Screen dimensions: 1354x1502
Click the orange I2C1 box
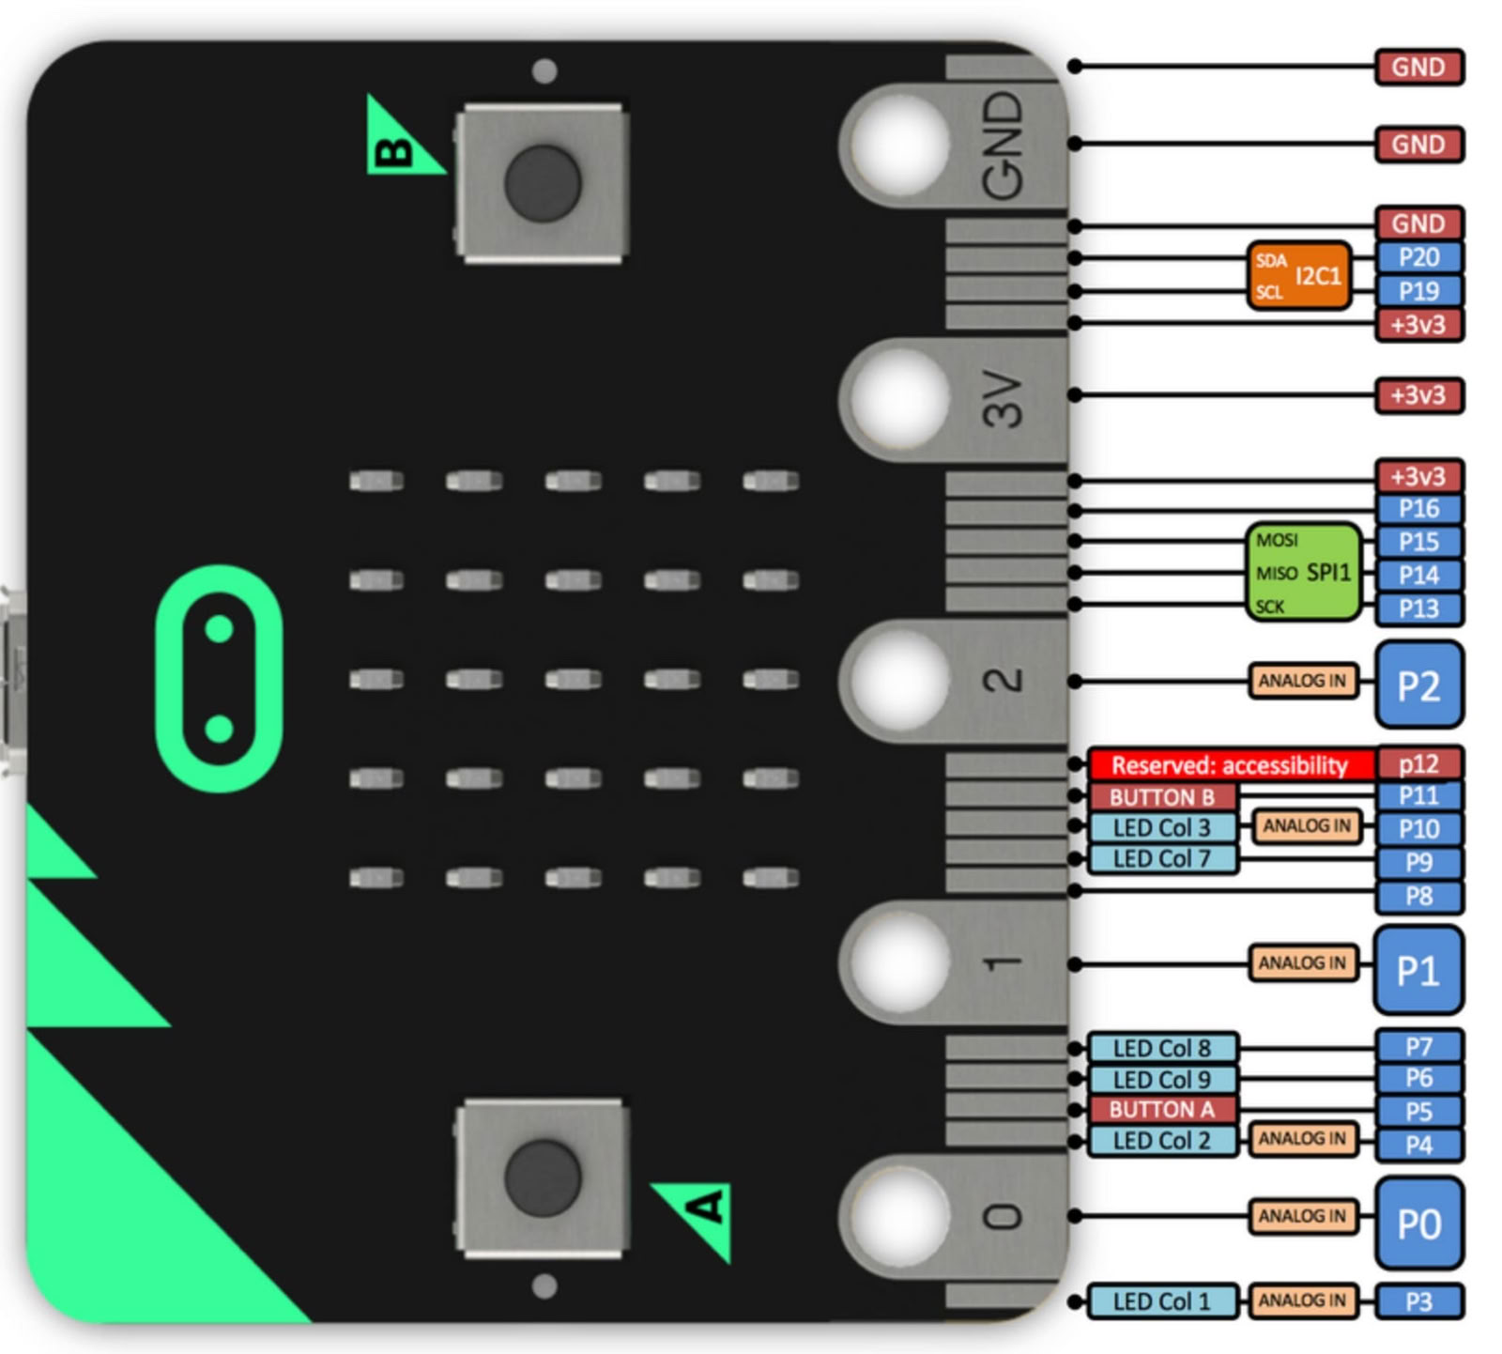point(1298,275)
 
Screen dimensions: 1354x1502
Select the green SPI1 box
point(1304,572)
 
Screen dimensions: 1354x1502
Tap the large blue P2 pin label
point(1418,685)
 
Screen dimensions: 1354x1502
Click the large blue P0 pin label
point(1418,1223)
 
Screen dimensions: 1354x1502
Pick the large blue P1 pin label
point(1418,969)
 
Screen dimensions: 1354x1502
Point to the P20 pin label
point(1418,256)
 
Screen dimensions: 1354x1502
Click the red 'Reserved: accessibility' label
point(1230,764)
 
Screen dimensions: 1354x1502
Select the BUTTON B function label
point(1161,797)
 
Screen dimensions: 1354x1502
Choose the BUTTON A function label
point(1161,1109)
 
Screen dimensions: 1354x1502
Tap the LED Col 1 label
point(1161,1301)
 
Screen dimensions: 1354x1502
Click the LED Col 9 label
point(1161,1079)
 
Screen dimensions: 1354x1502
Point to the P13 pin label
point(1418,608)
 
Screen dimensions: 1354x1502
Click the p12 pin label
point(1418,763)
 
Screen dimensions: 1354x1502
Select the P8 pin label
point(1418,896)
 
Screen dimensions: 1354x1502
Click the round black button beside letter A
point(542,1177)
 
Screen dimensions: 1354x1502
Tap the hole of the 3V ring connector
point(899,398)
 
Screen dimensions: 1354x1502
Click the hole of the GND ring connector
point(899,144)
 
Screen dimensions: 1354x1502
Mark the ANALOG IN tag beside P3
point(1302,1300)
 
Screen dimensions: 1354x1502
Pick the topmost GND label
point(1418,67)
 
